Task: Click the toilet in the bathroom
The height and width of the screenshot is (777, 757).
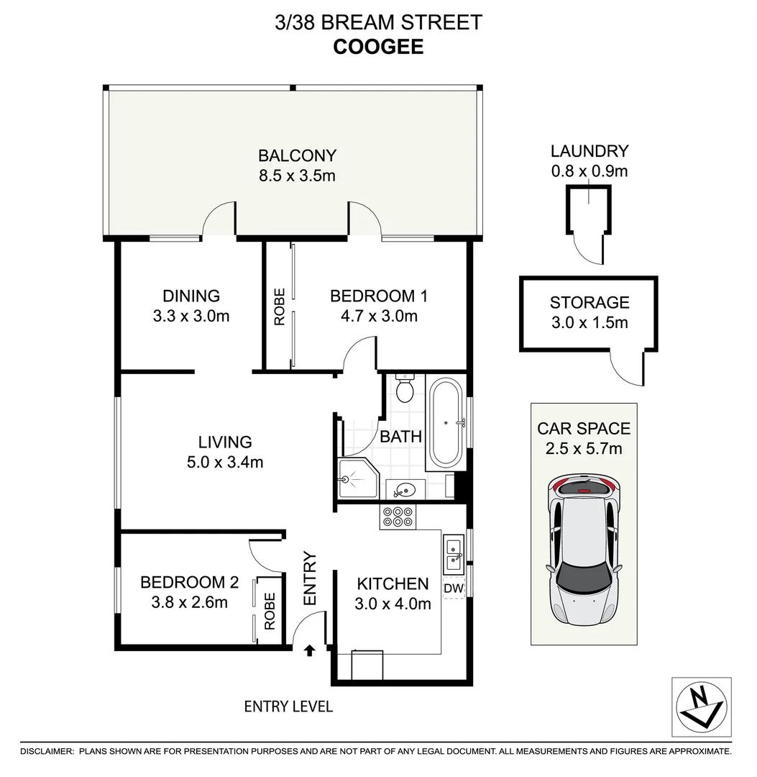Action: [405, 388]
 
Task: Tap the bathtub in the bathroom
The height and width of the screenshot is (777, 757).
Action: [446, 422]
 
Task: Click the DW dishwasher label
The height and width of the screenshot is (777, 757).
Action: [453, 589]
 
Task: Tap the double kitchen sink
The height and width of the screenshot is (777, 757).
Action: [454, 553]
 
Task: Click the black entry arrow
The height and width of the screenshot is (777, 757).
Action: [309, 650]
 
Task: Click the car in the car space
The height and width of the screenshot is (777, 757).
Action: [584, 551]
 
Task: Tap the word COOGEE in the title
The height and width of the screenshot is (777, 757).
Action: [378, 47]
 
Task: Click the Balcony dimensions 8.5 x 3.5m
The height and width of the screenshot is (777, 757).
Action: [297, 175]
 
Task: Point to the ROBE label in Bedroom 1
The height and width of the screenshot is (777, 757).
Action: [280, 306]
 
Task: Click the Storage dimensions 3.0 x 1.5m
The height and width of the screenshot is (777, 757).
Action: [589, 322]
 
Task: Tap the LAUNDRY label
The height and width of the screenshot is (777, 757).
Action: [589, 151]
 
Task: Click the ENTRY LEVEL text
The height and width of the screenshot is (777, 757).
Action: [288, 706]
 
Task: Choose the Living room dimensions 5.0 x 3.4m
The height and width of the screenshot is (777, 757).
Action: [225, 462]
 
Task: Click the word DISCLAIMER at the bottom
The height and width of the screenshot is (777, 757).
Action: [47, 751]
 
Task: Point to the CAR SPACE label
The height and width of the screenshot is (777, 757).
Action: [584, 429]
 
